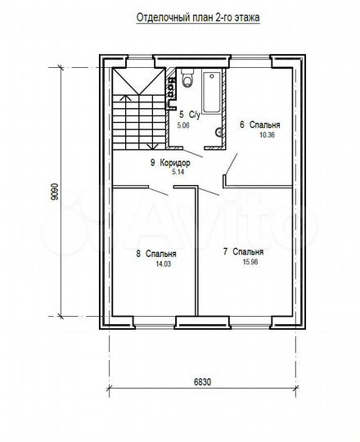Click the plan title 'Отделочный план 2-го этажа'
tap(198, 18)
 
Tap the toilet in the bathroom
tap(187, 77)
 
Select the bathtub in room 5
tap(211, 92)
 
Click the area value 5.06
tap(183, 125)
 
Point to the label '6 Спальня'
tap(259, 124)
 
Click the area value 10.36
tap(267, 135)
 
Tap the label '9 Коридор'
tap(170, 163)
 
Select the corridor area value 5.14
tap(178, 172)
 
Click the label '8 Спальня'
tap(156, 254)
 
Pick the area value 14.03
tap(163, 264)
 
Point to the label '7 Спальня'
tap(243, 251)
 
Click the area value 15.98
tap(250, 262)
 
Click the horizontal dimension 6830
tap(202, 382)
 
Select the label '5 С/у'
tap(190, 115)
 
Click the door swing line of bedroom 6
tap(231, 164)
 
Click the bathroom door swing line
tap(192, 153)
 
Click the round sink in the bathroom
tap(218, 132)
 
